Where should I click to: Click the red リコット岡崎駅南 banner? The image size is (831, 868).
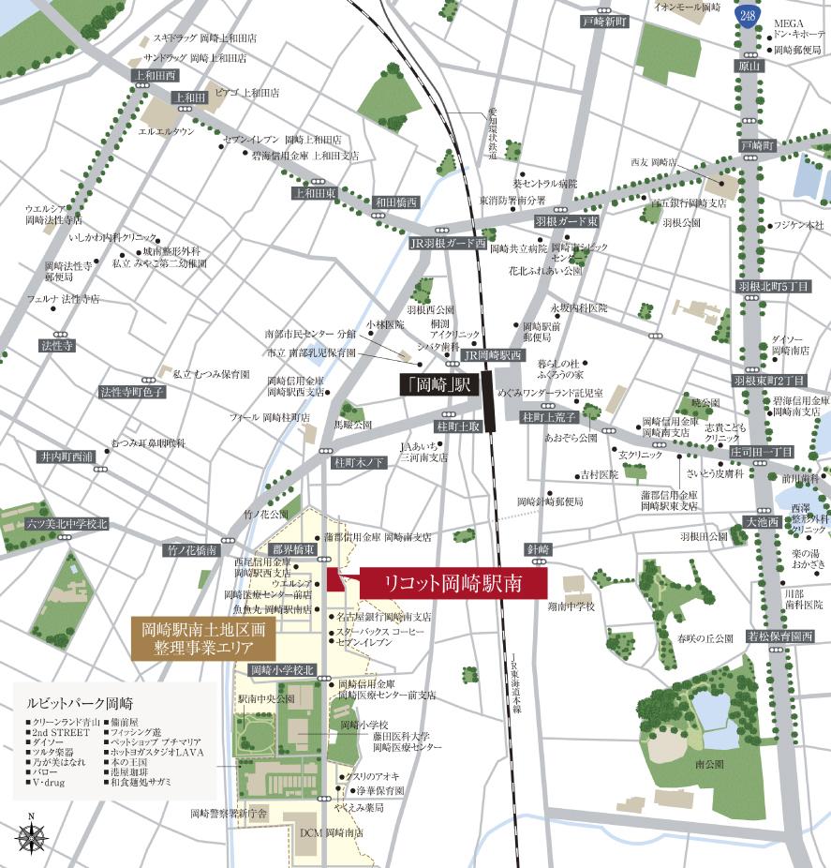point(438,582)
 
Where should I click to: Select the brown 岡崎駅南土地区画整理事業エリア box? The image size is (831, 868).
point(203,638)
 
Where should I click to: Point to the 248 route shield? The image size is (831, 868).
point(747,16)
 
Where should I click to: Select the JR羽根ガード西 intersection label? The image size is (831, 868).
point(448,243)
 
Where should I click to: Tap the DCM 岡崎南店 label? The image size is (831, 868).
point(331,832)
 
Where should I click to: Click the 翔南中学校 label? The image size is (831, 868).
point(571,606)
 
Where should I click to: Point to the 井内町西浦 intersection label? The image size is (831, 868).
point(67,456)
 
